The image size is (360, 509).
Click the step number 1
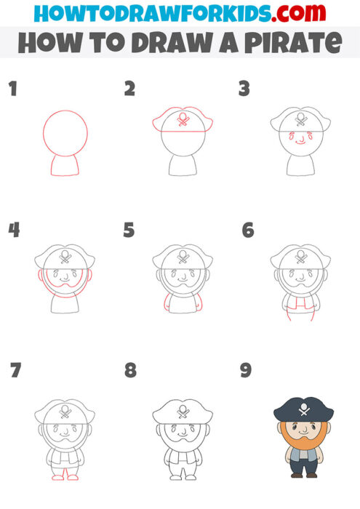point(12,89)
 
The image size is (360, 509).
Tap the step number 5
point(129,231)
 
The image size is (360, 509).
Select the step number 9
point(246,370)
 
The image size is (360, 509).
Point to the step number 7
point(15,370)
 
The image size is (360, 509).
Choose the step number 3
point(244,89)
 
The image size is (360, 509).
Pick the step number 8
point(130,370)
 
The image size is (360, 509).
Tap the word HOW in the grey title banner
point(46,43)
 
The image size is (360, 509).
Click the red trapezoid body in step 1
point(65,166)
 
